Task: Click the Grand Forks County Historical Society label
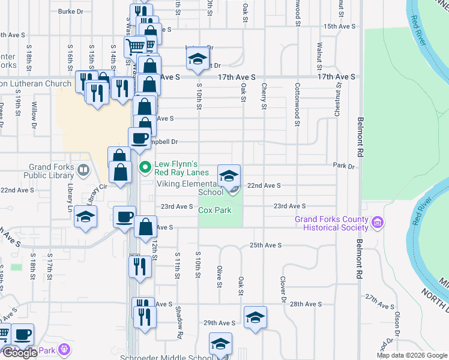(331, 223)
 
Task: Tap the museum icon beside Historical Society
(378, 223)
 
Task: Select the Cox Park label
(215, 211)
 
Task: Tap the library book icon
(83, 171)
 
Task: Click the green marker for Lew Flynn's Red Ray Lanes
(145, 167)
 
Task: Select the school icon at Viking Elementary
(229, 176)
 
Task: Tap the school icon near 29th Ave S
(255, 317)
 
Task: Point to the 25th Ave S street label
(265, 245)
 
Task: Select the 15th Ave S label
(339, 26)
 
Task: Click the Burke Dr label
(70, 11)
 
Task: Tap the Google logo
(20, 353)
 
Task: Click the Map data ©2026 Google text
(411, 355)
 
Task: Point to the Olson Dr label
(397, 324)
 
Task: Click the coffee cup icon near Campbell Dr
(139, 137)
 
